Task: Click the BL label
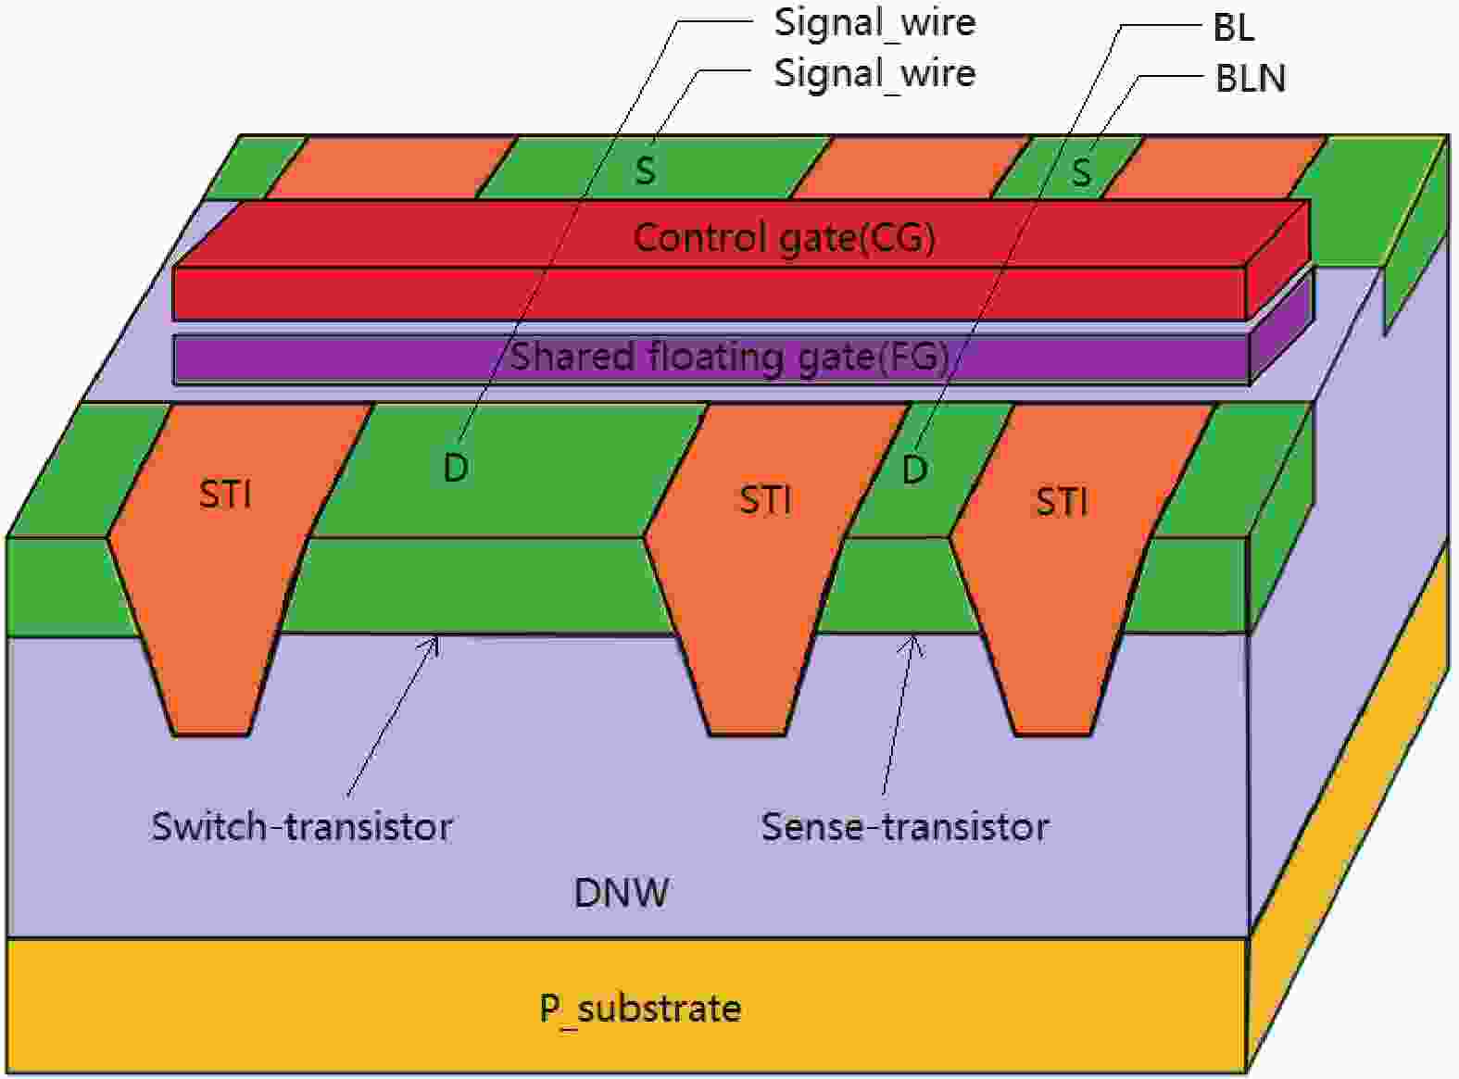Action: pyautogui.click(x=1233, y=28)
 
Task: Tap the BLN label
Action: pyautogui.click(x=1250, y=79)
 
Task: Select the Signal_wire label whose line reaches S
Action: pyautogui.click(x=874, y=73)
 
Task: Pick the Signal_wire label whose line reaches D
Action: pyautogui.click(x=874, y=23)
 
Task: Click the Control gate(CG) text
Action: pyautogui.click(x=784, y=238)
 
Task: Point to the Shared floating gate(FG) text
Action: pyautogui.click(x=729, y=357)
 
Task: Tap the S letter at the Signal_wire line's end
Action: pyautogui.click(x=645, y=170)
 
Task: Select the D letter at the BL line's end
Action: pyautogui.click(x=914, y=470)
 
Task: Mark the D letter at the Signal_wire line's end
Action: pyautogui.click(x=455, y=469)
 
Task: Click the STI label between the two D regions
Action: pyautogui.click(x=765, y=500)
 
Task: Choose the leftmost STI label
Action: pyautogui.click(x=225, y=495)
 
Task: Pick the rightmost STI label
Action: pyautogui.click(x=1062, y=502)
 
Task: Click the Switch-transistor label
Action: pyautogui.click(x=302, y=826)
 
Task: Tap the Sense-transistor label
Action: pyautogui.click(x=904, y=826)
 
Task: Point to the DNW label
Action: pyautogui.click(x=621, y=893)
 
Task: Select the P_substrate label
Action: pyautogui.click(x=640, y=1009)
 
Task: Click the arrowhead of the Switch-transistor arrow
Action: pyautogui.click(x=435, y=638)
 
